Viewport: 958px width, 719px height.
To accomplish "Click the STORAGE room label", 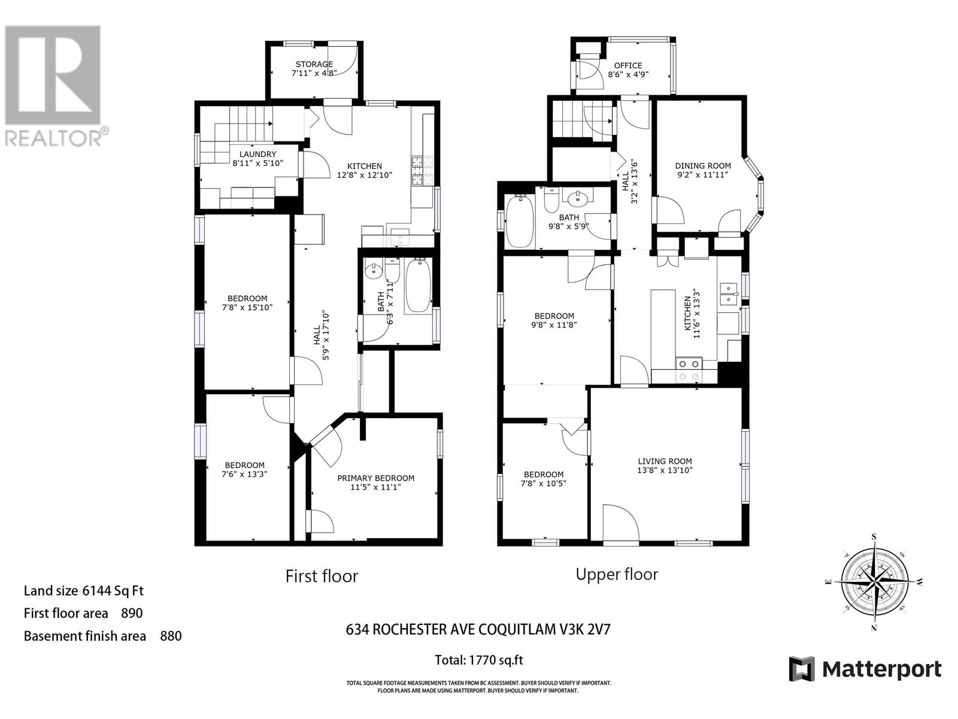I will [314, 64].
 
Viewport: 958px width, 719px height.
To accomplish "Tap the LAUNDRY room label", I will [257, 154].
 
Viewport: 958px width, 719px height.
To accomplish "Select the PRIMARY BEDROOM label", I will [375, 478].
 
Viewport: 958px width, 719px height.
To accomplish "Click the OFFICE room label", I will [628, 66].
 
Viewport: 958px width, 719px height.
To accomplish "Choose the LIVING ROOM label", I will [665, 461].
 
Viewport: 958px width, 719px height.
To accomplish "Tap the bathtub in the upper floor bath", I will [519, 222].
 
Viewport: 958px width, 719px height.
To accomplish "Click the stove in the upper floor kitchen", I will [688, 370].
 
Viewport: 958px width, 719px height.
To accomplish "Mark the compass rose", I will [874, 581].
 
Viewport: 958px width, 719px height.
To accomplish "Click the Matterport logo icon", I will [802, 669].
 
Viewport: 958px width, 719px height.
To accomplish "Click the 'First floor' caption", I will [322, 576].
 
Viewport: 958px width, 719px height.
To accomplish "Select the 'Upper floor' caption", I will [617, 574].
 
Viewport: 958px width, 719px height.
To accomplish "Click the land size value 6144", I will [96, 591].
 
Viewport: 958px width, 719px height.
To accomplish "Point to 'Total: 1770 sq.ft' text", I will [479, 660].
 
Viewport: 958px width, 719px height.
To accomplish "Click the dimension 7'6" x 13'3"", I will [245, 474].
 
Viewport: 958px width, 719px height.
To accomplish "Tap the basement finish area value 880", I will [171, 636].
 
